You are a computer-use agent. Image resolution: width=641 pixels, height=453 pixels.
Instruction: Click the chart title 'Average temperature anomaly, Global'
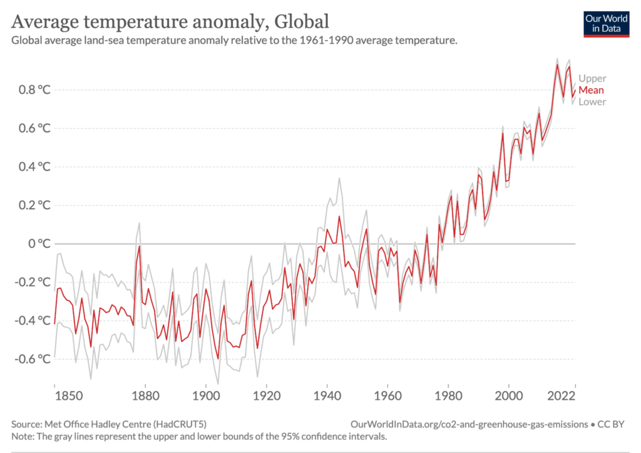tap(170, 22)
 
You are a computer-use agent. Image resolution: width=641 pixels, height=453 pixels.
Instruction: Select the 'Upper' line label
tap(592, 78)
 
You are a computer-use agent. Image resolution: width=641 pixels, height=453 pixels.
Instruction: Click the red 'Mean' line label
tap(592, 90)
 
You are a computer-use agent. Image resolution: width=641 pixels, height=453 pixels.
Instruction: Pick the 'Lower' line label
tap(592, 102)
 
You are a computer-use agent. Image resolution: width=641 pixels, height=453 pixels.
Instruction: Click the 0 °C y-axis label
tap(39, 244)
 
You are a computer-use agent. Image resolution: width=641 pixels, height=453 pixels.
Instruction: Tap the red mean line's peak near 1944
tap(339, 217)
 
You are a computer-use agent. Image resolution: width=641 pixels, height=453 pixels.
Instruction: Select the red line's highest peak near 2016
tap(557, 65)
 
